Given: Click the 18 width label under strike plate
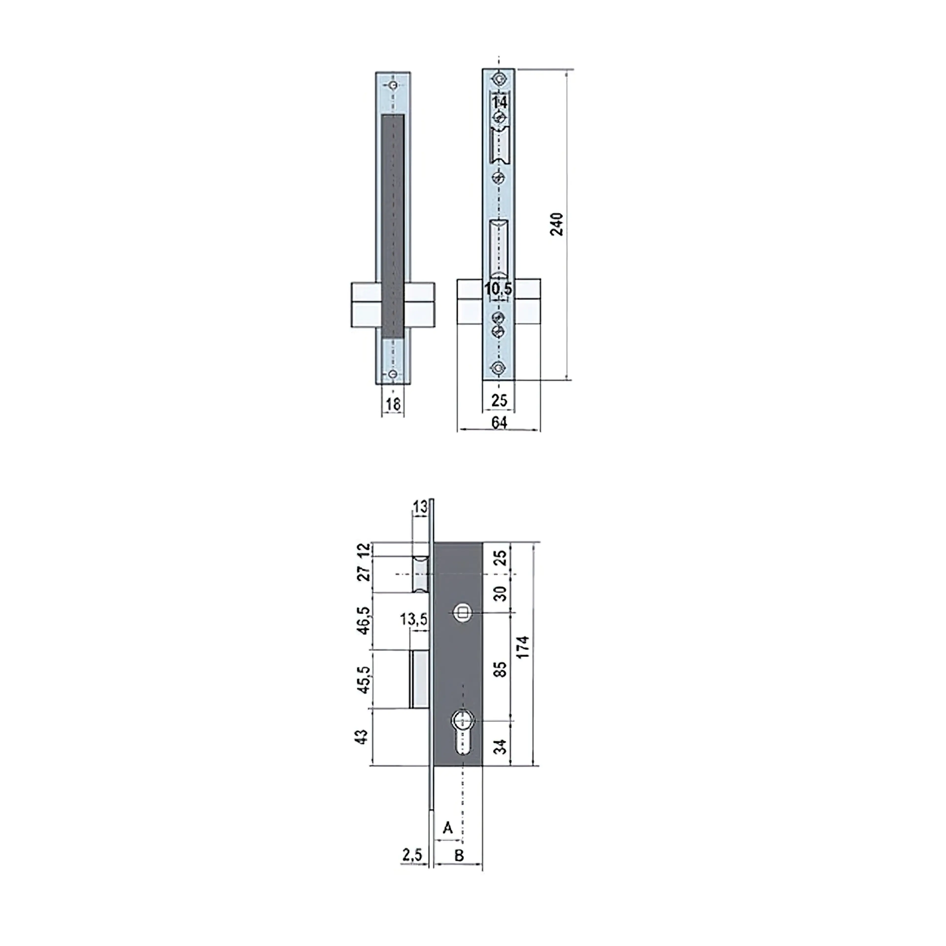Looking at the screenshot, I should point(393,405).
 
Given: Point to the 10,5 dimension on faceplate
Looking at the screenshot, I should point(498,289).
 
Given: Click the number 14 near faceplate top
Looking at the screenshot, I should point(499,103).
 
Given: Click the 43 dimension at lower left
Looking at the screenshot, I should point(361,736).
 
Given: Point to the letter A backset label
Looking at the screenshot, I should point(448,828).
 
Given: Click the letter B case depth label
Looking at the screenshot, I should point(459,855).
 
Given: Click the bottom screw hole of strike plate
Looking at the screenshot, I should point(393,374).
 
